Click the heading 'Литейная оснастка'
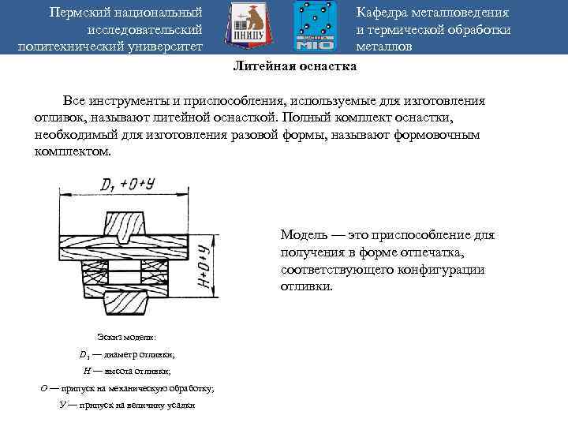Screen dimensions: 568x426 click(x=294, y=67)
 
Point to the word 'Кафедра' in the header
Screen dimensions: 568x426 click(x=382, y=13)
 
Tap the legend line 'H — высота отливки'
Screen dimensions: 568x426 click(x=126, y=371)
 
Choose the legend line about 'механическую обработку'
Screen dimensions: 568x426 click(x=126, y=388)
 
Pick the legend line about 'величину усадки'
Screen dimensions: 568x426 click(x=126, y=405)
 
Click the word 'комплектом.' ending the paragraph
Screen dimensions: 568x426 click(x=73, y=151)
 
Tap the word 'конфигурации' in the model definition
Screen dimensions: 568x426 click(x=447, y=270)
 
